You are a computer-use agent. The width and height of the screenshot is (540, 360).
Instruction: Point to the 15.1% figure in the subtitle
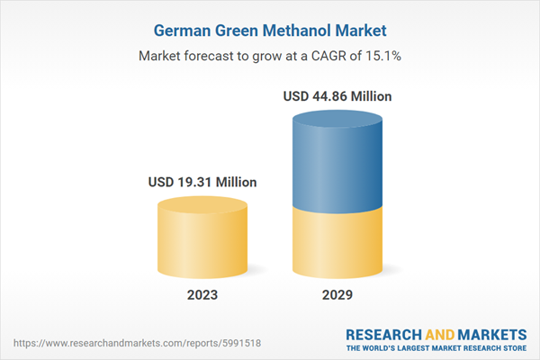382,56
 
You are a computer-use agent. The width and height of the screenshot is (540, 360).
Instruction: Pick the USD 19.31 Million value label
202,183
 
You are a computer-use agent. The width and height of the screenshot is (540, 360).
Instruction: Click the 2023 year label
202,294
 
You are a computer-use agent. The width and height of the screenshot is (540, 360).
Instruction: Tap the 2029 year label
337,294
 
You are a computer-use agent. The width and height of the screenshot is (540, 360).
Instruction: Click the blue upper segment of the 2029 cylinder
337,162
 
